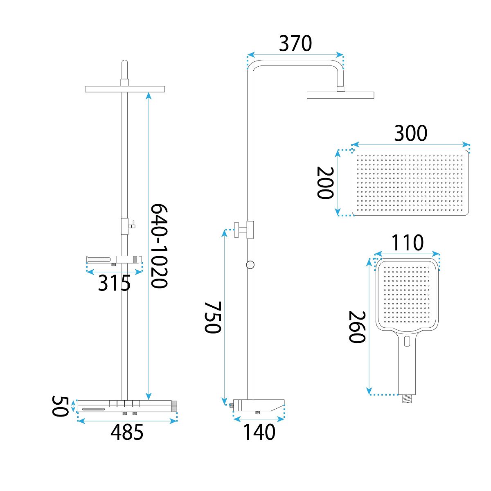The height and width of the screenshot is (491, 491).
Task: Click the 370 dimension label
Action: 295,43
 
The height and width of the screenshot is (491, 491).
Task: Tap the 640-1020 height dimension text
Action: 159,246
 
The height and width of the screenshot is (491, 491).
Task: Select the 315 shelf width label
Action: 114,283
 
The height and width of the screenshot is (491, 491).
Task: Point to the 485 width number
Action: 127,432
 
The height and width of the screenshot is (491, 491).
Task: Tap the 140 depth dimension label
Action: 259,432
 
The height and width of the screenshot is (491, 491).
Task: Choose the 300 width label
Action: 410,133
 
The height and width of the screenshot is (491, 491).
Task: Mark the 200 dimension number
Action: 325,182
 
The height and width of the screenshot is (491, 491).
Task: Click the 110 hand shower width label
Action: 408,243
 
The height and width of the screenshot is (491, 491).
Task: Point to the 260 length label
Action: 357,327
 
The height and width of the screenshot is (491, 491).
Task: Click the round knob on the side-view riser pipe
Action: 250,265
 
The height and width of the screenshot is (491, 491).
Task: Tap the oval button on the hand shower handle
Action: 407,341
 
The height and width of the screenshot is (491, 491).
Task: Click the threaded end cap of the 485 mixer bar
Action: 174,406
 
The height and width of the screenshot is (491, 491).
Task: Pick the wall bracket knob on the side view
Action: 237,230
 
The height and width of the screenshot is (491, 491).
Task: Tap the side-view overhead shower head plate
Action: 340,95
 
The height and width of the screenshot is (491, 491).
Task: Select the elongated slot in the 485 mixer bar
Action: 93,410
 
